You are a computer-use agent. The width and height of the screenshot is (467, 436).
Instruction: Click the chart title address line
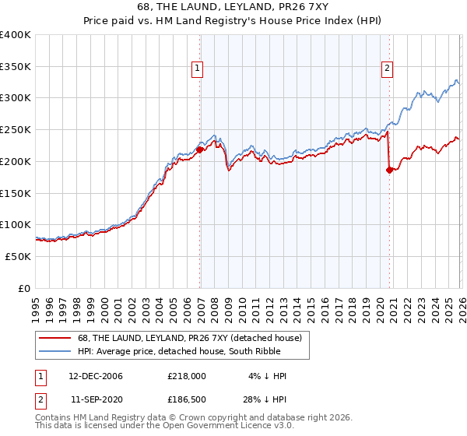(x=233, y=9)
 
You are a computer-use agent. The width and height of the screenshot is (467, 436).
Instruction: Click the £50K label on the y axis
(x=18, y=256)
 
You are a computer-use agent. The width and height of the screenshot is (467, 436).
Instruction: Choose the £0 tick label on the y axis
(x=25, y=288)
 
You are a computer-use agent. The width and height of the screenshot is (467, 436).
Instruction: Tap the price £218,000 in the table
(x=186, y=376)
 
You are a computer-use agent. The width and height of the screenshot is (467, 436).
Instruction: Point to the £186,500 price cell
(x=186, y=400)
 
